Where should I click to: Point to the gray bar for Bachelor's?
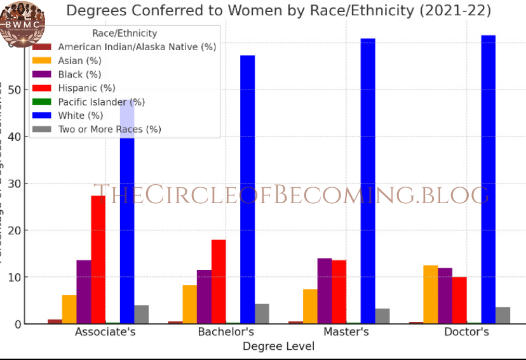[x=262, y=314]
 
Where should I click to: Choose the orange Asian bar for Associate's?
[x=69, y=309]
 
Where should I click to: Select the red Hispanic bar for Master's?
[x=339, y=291]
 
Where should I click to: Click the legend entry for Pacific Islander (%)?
[x=102, y=102]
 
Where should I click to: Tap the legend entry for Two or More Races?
[x=109, y=129]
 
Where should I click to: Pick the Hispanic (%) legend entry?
[x=86, y=88]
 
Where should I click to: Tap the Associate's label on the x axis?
[x=105, y=331]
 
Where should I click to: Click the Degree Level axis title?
[x=278, y=346]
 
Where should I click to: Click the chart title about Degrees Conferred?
[x=278, y=11]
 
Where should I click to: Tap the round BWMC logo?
[x=22, y=23]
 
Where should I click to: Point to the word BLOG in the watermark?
[x=455, y=194]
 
